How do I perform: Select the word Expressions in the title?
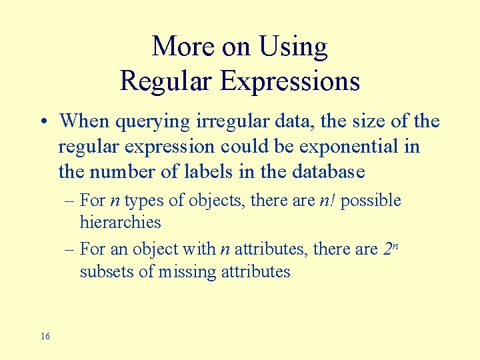coord(290,82)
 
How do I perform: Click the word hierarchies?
coord(120,222)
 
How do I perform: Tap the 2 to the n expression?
coord(391,248)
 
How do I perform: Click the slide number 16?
coord(45,337)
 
